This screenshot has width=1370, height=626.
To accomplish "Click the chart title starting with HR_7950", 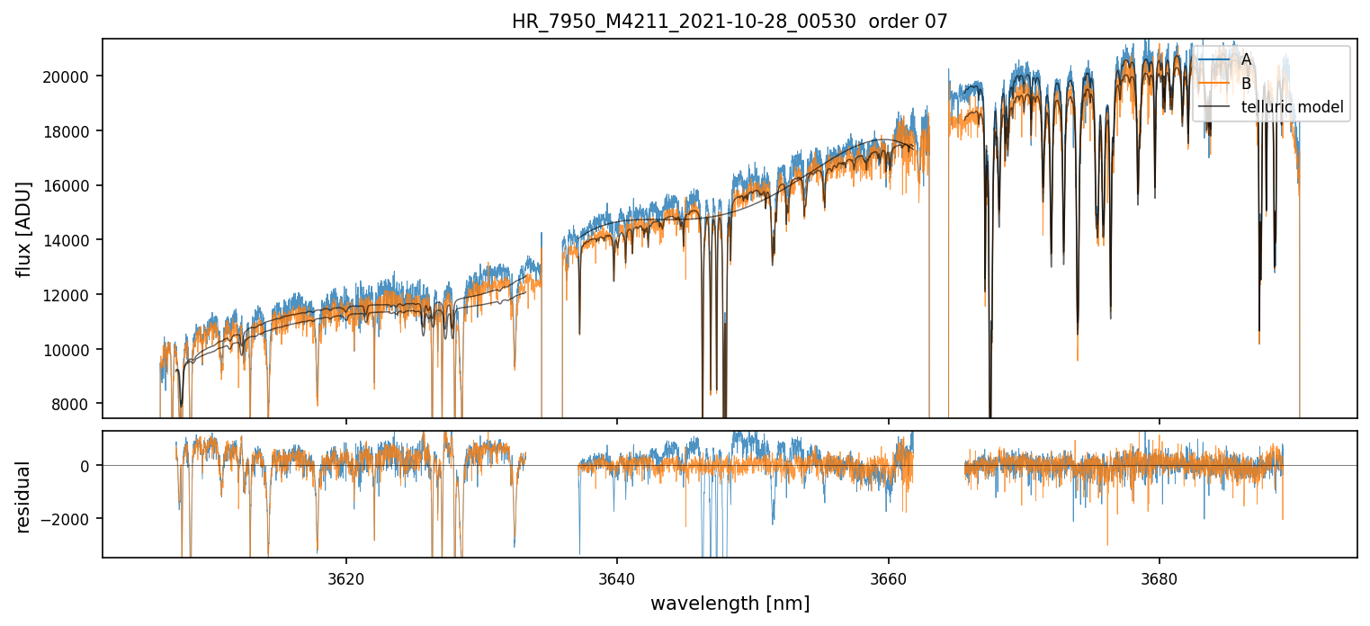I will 684,22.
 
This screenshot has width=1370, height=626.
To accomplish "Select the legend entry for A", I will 1246,59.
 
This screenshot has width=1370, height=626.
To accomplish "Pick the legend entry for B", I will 1246,84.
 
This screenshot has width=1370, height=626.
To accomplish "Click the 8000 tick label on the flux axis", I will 72,404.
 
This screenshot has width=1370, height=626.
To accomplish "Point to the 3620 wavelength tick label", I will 346,577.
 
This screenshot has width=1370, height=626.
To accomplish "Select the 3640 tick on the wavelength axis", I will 617,577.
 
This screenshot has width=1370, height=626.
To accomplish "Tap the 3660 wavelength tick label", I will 888,577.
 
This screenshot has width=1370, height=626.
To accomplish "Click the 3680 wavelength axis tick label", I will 1159,577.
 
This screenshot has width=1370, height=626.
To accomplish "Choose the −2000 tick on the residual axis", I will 68,519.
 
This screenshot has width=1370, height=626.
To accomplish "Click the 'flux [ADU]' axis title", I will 23,228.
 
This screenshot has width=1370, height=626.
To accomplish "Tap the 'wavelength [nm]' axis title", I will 730,603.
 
